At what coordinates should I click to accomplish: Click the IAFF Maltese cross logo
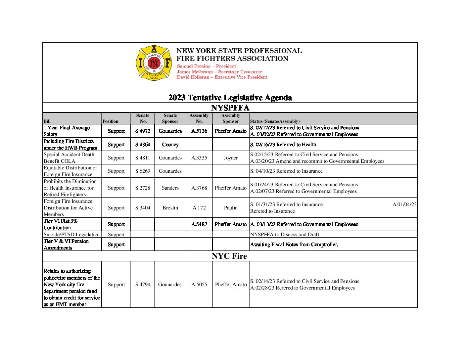(154, 63)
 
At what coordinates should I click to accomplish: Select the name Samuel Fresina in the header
(194, 66)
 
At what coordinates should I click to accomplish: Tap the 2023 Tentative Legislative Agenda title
(230, 98)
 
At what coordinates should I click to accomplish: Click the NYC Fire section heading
(229, 256)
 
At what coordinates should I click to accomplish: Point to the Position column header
(110, 121)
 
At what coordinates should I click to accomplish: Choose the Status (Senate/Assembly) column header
(275, 121)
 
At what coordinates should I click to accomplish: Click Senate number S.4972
(143, 131)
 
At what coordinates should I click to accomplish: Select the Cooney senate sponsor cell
(170, 145)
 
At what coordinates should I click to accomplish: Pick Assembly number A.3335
(199, 158)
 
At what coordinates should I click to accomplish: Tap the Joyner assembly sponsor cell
(231, 158)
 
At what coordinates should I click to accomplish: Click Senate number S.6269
(143, 171)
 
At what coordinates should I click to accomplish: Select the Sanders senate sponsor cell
(170, 188)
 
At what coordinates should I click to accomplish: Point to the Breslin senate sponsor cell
(170, 208)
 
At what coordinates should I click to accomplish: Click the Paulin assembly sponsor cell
(231, 208)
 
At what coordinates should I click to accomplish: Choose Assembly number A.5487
(199, 224)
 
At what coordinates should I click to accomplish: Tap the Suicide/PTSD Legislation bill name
(71, 235)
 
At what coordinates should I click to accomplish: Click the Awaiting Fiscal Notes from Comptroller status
(294, 245)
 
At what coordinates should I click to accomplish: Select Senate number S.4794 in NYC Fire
(143, 285)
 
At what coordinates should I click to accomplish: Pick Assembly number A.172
(199, 208)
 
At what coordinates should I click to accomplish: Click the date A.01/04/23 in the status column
(404, 204)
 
